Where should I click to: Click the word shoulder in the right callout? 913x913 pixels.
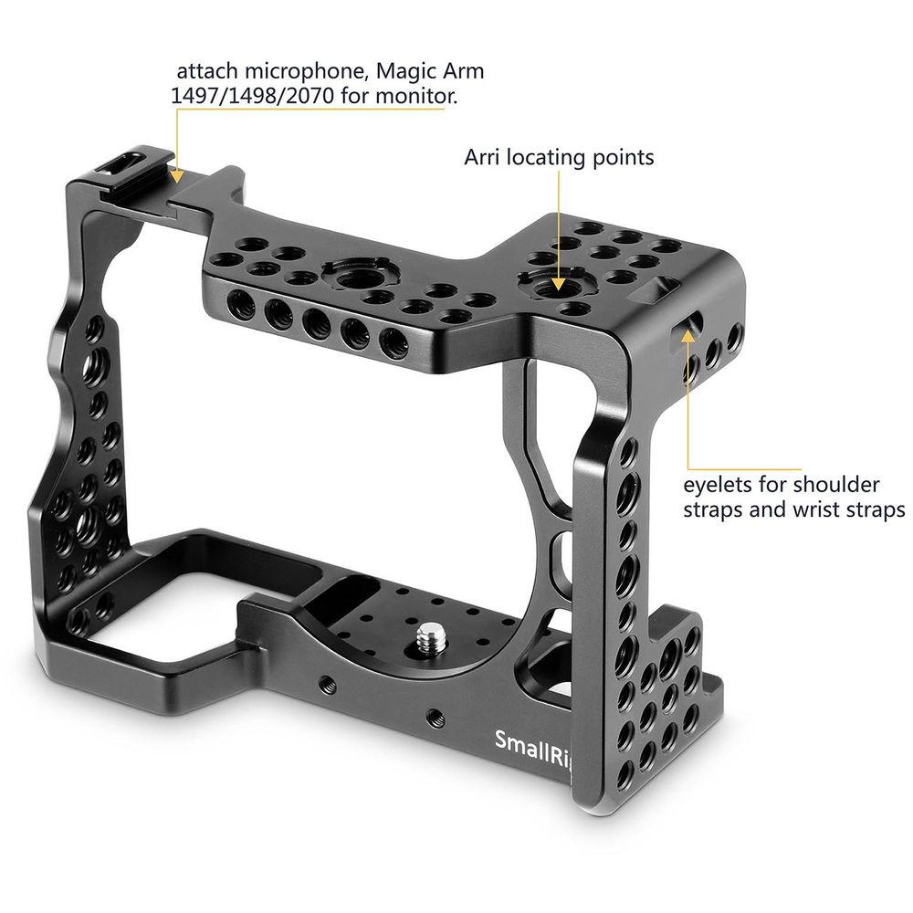click(x=838, y=484)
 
